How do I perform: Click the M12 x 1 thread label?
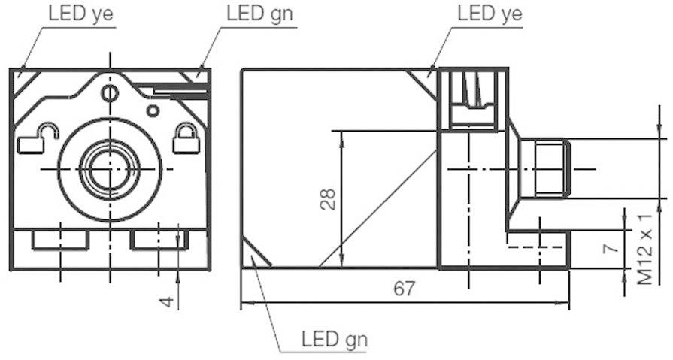(x=644, y=247)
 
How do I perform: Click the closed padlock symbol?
(x=183, y=138)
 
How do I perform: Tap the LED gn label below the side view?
(x=335, y=339)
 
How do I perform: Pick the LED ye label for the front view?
(x=81, y=14)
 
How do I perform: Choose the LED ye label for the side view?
(x=489, y=14)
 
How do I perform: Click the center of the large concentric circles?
(x=110, y=168)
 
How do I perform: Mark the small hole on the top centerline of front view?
(x=110, y=94)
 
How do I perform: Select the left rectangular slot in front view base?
(x=60, y=240)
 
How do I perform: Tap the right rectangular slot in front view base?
(x=158, y=240)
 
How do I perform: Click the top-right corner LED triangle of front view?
(x=198, y=77)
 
